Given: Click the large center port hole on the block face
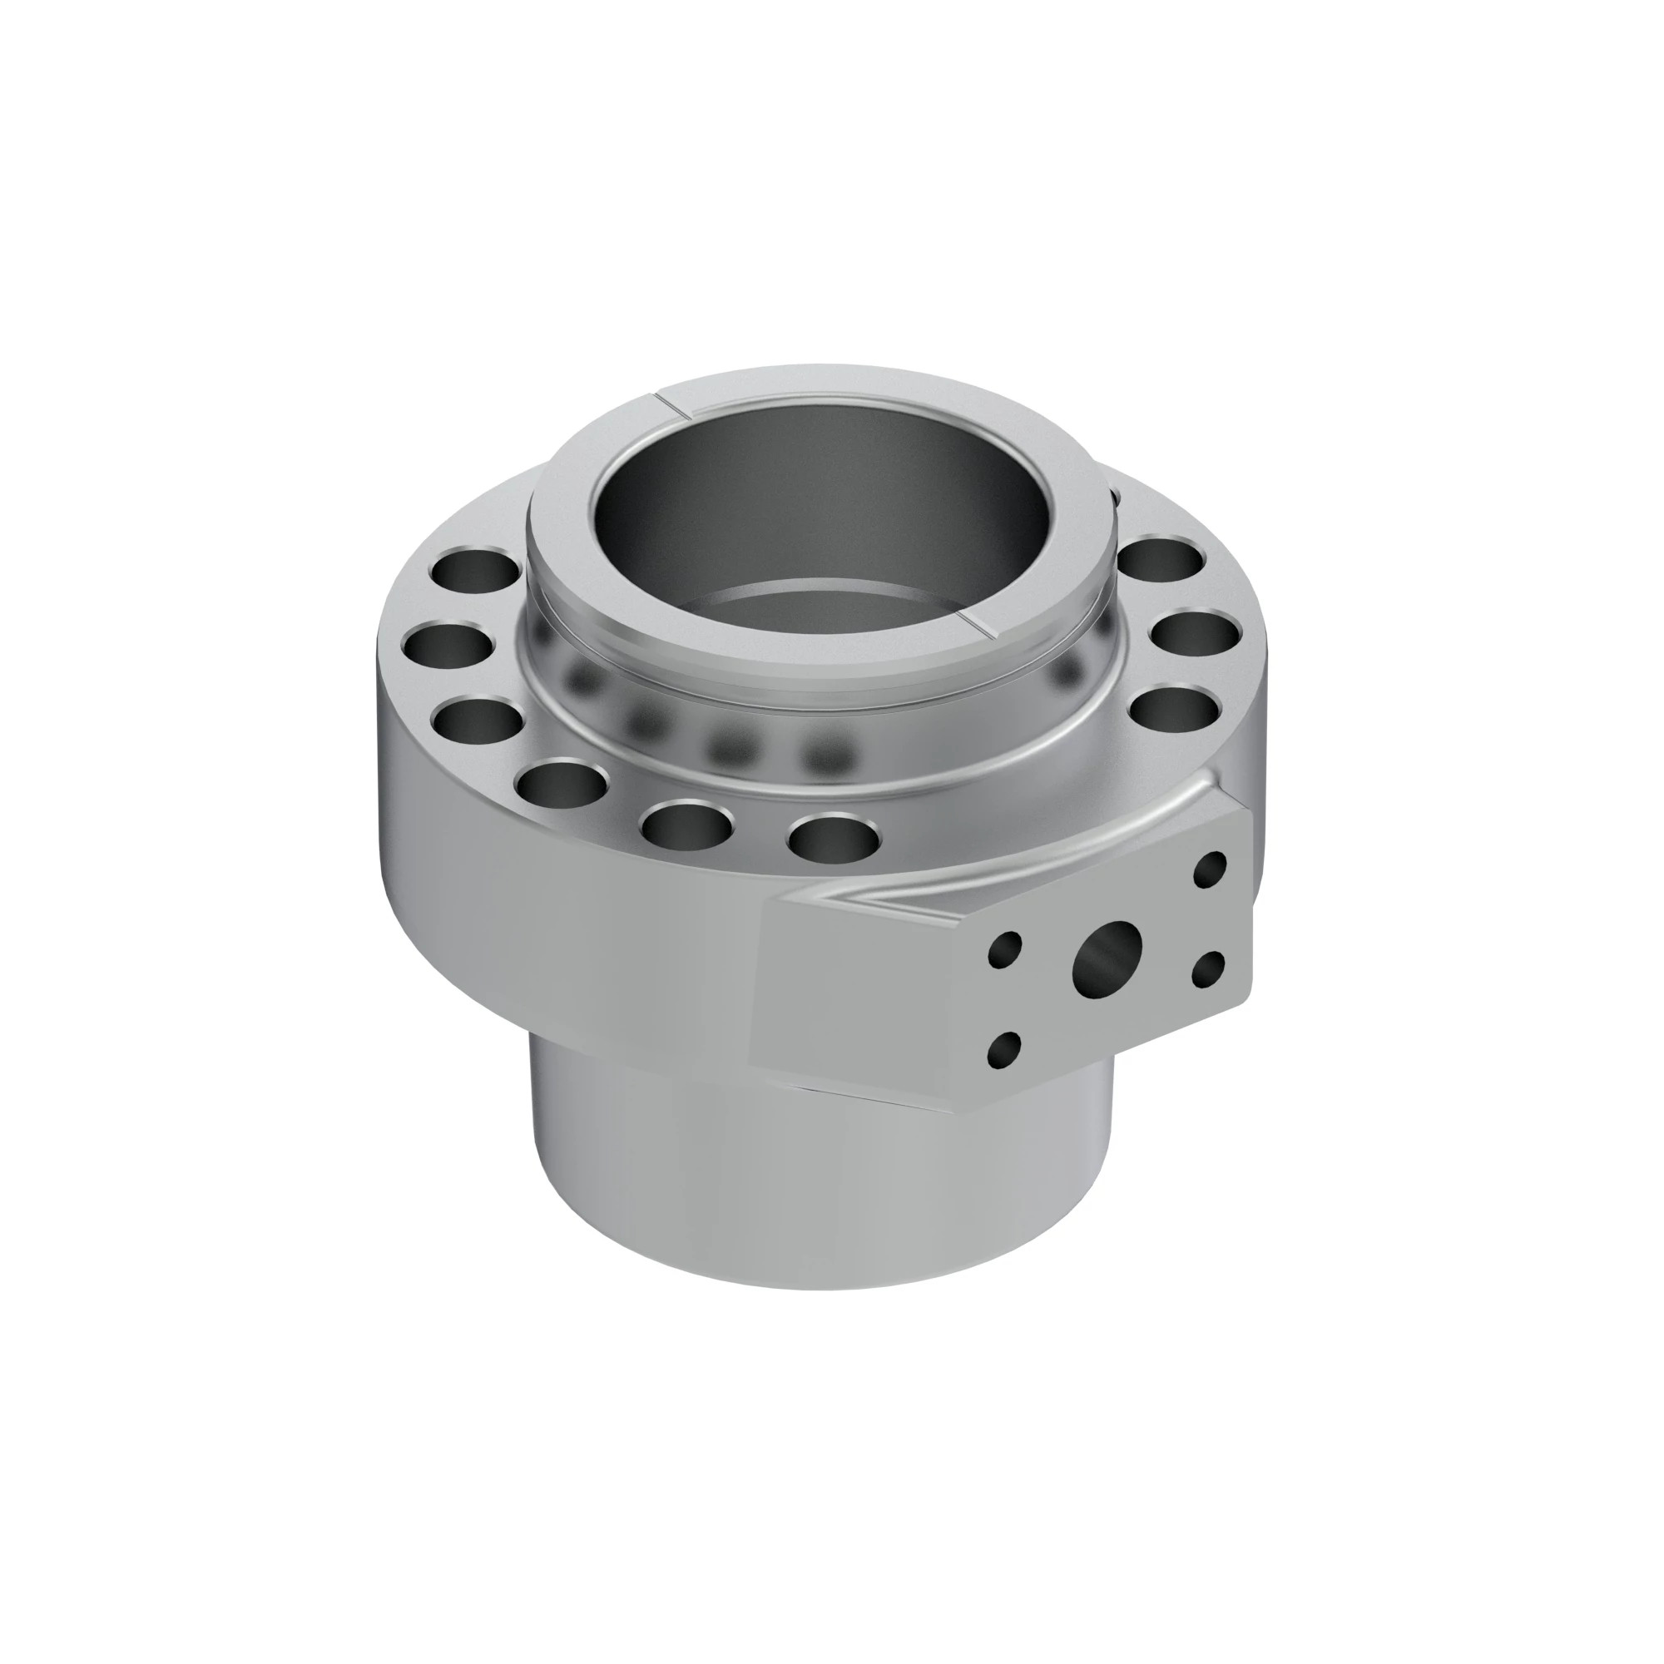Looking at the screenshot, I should click(x=1107, y=956).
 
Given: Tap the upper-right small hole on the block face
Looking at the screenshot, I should click(x=1210, y=870).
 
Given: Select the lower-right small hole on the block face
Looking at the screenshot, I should click(x=1208, y=969).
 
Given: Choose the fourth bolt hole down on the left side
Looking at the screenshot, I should click(x=563, y=783).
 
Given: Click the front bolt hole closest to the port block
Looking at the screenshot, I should click(x=834, y=836).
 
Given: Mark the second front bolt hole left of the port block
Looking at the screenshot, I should click(x=686, y=824).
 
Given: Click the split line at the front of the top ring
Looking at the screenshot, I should click(x=978, y=626).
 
